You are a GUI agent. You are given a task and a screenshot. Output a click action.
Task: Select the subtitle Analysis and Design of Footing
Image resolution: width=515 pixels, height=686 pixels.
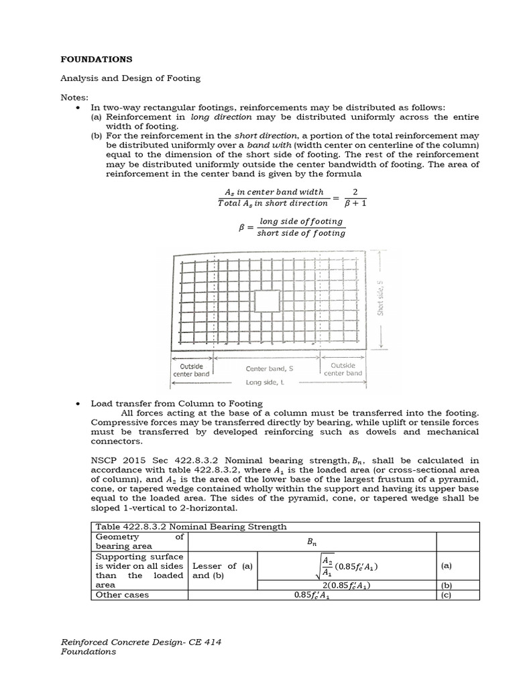(x=130, y=78)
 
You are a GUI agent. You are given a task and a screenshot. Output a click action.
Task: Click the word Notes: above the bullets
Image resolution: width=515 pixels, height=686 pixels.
(x=74, y=98)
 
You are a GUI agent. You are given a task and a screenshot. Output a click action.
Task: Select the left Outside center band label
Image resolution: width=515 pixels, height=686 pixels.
(x=192, y=369)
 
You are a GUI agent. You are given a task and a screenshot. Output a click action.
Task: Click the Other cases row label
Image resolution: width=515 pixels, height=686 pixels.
(x=122, y=594)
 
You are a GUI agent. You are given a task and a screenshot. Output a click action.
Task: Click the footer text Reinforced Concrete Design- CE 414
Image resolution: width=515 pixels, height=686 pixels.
(x=141, y=642)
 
